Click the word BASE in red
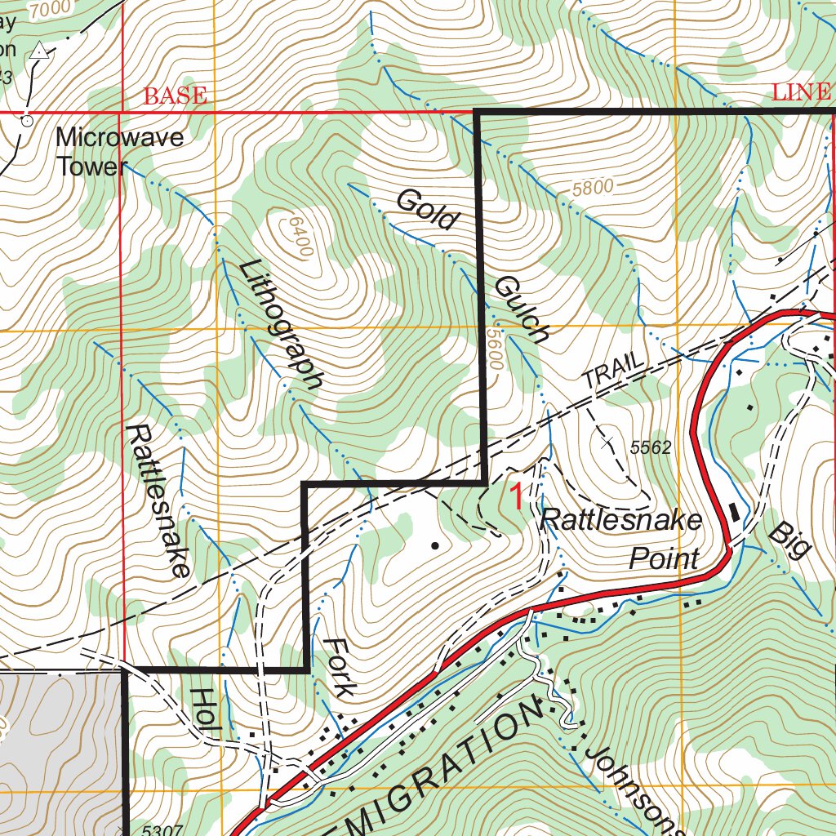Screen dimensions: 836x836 175,96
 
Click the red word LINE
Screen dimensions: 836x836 800,91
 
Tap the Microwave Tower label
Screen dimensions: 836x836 119,152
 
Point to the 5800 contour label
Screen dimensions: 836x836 592,187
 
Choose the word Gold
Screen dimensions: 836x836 426,210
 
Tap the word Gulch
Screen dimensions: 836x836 521,309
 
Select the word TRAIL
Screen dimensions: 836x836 614,372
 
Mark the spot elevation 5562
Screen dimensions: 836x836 650,447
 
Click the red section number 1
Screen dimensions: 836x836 516,496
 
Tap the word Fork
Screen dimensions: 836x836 339,667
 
